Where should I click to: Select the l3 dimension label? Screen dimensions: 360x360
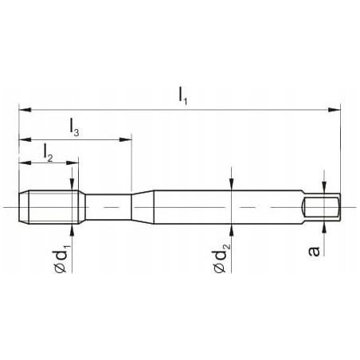click(73, 126)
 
